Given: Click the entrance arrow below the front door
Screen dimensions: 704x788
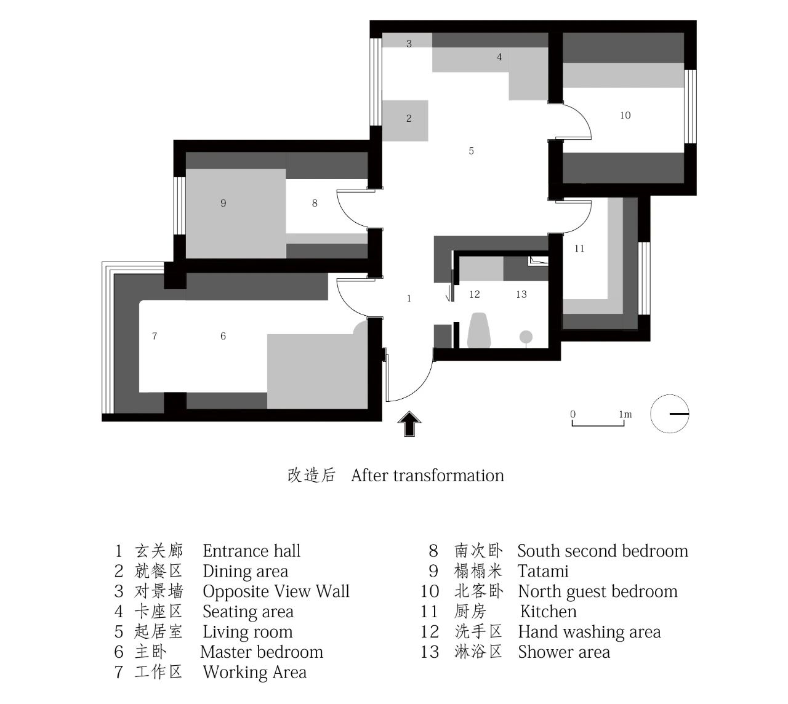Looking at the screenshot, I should pyautogui.click(x=409, y=424).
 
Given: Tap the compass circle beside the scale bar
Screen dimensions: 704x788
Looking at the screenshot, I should pyautogui.click(x=670, y=414).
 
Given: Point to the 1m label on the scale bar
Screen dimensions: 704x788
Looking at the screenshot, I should pyautogui.click(x=625, y=414).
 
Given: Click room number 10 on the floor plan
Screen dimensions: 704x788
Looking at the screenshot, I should pyautogui.click(x=625, y=115).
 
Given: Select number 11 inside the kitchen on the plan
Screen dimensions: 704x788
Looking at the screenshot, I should pyautogui.click(x=579, y=249).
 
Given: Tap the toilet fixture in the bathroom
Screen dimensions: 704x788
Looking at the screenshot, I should pyautogui.click(x=478, y=331).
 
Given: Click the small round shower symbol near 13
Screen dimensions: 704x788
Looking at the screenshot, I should pyautogui.click(x=526, y=337).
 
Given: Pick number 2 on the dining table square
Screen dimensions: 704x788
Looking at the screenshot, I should pyautogui.click(x=409, y=118).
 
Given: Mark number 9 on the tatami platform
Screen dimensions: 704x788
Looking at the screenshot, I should pyautogui.click(x=223, y=203).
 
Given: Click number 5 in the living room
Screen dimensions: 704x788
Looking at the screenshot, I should pyautogui.click(x=471, y=151).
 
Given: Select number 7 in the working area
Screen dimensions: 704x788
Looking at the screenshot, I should pyautogui.click(x=155, y=336).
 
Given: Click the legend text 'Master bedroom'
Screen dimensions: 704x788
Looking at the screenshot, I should pyautogui.click(x=262, y=652).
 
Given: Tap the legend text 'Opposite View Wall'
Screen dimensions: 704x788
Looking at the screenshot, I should pyautogui.click(x=276, y=591).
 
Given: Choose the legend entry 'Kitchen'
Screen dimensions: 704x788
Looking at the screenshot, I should pyautogui.click(x=548, y=612).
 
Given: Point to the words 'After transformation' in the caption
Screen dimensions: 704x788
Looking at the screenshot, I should pyautogui.click(x=427, y=475).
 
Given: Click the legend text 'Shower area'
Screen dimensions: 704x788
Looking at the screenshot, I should pyautogui.click(x=563, y=652).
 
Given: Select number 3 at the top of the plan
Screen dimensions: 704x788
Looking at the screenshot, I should pyautogui.click(x=409, y=44).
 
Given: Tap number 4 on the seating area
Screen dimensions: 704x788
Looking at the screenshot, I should pyautogui.click(x=499, y=57).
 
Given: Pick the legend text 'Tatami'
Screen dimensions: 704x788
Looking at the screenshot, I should pyautogui.click(x=543, y=571).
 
